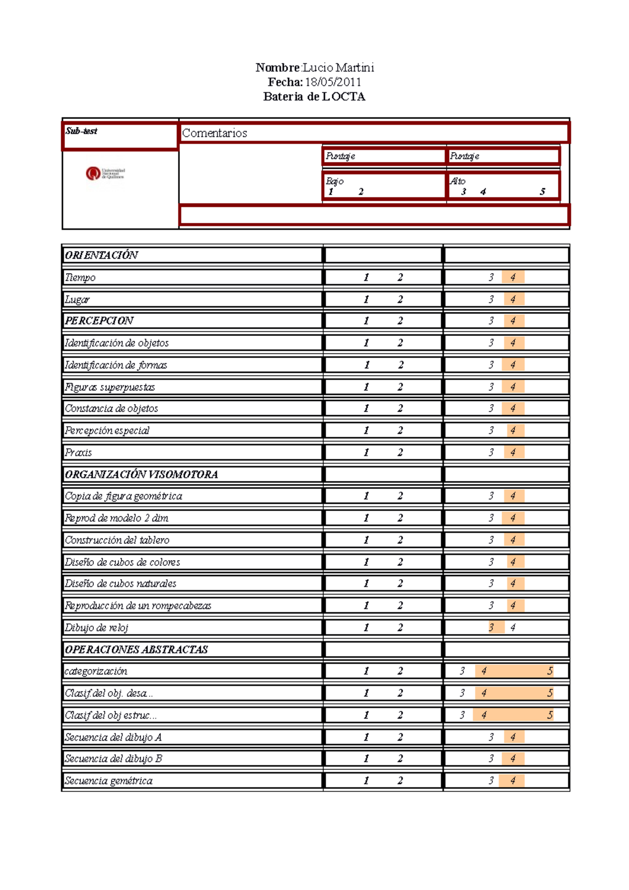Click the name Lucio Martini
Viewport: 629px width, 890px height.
click(x=338, y=68)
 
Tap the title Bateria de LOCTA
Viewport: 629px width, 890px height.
click(x=314, y=97)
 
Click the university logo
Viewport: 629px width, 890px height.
click(x=105, y=173)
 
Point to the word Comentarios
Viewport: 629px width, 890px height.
click(x=214, y=133)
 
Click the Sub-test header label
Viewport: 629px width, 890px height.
click(x=81, y=131)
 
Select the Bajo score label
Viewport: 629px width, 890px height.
click(x=334, y=181)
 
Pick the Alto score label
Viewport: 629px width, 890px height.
click(x=458, y=181)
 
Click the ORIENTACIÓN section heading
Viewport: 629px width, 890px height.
click(x=101, y=255)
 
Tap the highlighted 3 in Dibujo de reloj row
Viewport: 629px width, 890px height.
click(x=492, y=627)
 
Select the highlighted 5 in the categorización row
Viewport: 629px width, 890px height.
click(x=550, y=671)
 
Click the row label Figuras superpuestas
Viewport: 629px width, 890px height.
click(x=110, y=387)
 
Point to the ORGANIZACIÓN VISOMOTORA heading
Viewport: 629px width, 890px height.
click(x=141, y=474)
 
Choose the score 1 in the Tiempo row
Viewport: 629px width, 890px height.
click(x=366, y=277)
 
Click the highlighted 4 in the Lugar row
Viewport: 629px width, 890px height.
click(x=513, y=299)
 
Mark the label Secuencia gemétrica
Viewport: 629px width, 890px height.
click(x=109, y=781)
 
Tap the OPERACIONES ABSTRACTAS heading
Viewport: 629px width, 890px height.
click(x=136, y=649)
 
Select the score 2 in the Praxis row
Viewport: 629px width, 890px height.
click(x=400, y=452)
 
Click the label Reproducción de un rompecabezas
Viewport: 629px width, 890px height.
click(x=138, y=606)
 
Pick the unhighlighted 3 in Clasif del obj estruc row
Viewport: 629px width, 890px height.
click(x=462, y=715)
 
